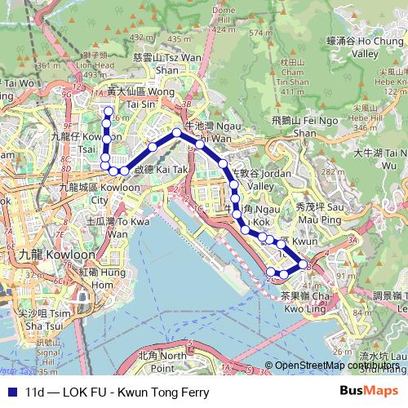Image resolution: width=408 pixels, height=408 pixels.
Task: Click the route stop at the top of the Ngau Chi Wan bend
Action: point(176,132)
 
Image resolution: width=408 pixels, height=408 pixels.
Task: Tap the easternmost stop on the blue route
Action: point(304,265)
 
